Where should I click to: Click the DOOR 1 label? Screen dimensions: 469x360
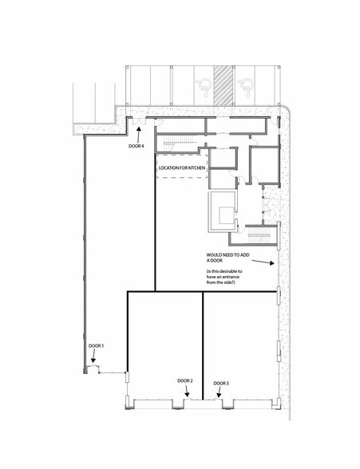(x=97, y=345)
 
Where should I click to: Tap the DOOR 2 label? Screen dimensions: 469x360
(x=185, y=381)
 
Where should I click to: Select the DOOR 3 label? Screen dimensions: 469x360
(x=221, y=384)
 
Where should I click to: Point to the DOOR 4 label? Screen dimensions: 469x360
(x=136, y=146)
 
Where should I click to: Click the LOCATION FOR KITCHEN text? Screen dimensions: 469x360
(x=183, y=169)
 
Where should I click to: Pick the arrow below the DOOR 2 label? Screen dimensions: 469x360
(x=185, y=392)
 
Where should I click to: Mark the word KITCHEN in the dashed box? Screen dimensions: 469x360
(x=196, y=169)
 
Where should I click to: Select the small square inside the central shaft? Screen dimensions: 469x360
(x=223, y=212)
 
